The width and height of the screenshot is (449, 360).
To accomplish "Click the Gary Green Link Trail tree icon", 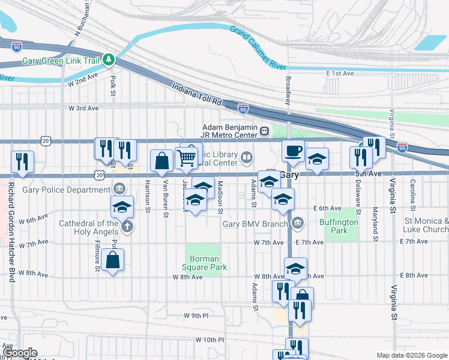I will pos(109,59).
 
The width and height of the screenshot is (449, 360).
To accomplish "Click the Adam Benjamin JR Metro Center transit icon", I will pos(264,128).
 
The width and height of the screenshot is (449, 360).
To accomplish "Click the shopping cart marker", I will pos(187,158).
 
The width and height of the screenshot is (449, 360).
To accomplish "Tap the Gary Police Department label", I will pos(65,190).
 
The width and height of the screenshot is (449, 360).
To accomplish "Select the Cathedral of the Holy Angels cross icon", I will pos(126,227).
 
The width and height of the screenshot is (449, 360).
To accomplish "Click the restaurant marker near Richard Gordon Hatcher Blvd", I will pos(22,161).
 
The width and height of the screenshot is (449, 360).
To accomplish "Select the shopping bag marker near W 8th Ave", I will pos(113,260).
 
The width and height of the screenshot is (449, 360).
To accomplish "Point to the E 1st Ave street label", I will pos(341,73).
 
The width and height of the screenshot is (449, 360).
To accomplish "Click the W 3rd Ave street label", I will pos(83,108).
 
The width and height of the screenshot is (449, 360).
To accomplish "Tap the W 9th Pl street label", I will pos(196,315).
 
